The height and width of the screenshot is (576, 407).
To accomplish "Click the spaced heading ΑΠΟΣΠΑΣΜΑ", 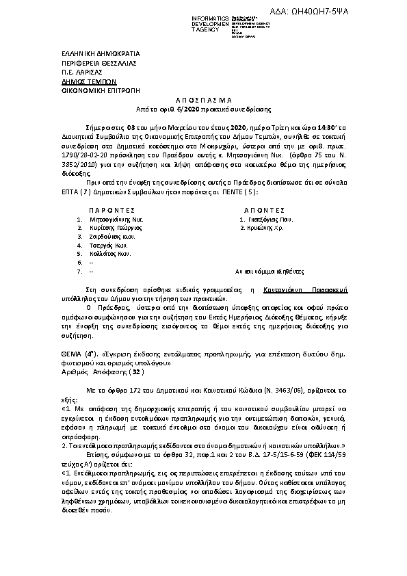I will pyautogui.click(x=205, y=99).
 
